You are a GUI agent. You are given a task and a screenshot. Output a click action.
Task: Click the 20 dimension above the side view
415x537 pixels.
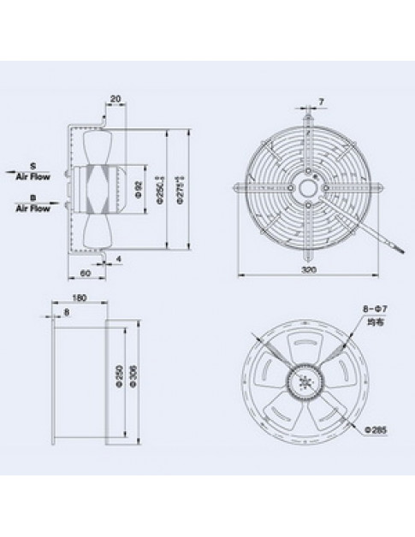pyautogui.click(x=114, y=97)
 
